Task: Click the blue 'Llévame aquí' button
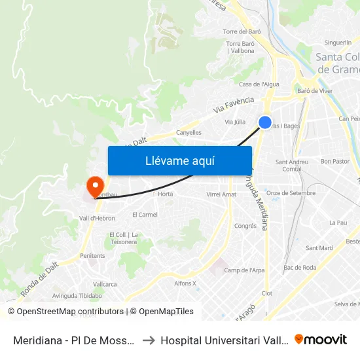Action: point(179,160)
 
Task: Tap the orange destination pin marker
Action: point(95,186)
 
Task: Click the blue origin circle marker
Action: point(265,122)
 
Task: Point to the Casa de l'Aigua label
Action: point(259,84)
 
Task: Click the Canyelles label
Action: point(189,132)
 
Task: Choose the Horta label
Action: point(166,194)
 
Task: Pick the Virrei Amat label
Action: point(221,194)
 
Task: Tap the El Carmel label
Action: point(145,214)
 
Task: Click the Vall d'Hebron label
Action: point(97,218)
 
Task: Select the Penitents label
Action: point(92,255)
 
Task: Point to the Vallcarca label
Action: point(105,284)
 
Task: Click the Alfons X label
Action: point(185,283)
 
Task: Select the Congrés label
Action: point(245,226)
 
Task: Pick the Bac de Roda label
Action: point(300,267)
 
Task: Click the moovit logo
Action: point(321,339)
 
